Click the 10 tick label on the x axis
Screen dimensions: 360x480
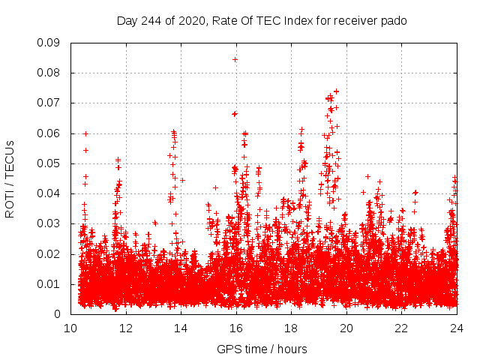(x=70, y=328)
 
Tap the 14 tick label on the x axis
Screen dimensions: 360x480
(x=181, y=328)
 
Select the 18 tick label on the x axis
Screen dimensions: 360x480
(x=291, y=328)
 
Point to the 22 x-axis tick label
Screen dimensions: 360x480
(x=401, y=328)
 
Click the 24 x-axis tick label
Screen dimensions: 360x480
(x=456, y=328)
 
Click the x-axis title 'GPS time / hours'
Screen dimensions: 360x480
(x=262, y=349)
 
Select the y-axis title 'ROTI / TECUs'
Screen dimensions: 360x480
(x=10, y=178)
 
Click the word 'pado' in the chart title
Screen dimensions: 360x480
(x=394, y=20)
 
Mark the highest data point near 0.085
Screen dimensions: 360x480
(x=235, y=58)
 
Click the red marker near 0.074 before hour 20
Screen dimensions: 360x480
(x=336, y=91)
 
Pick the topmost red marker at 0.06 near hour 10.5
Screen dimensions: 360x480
(x=85, y=133)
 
